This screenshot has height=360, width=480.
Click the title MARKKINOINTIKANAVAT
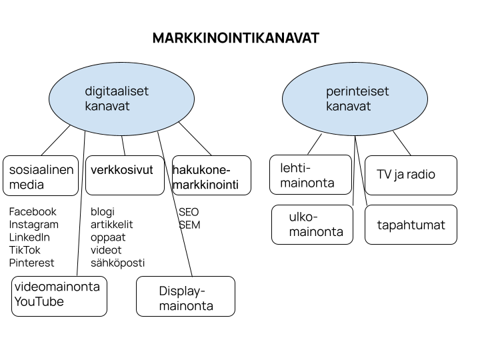[236, 38]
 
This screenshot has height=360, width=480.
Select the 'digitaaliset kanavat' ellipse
[121, 99]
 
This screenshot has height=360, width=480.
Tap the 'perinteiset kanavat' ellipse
[355, 99]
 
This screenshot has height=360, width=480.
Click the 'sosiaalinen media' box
[41, 176]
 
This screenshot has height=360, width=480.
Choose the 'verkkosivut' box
[125, 175]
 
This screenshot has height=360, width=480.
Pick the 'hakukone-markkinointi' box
[211, 175]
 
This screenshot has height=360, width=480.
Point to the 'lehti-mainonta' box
[311, 175]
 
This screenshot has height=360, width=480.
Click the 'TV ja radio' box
[411, 175]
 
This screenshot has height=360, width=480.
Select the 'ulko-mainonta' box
[312, 225]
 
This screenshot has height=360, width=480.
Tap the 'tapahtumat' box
[411, 225]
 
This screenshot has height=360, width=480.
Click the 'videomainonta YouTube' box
[59, 296]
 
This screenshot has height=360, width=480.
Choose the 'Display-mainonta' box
[185, 296]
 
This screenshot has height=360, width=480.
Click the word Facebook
[33, 211]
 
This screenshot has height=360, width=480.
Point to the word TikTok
[25, 250]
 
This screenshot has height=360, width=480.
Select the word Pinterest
[31, 263]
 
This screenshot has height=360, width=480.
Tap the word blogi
[103, 212]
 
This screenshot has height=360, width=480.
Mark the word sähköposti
[117, 263]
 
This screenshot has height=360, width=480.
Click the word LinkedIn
[29, 237]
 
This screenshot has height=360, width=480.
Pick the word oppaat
[108, 237]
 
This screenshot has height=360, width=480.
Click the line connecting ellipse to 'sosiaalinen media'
[56, 140]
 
